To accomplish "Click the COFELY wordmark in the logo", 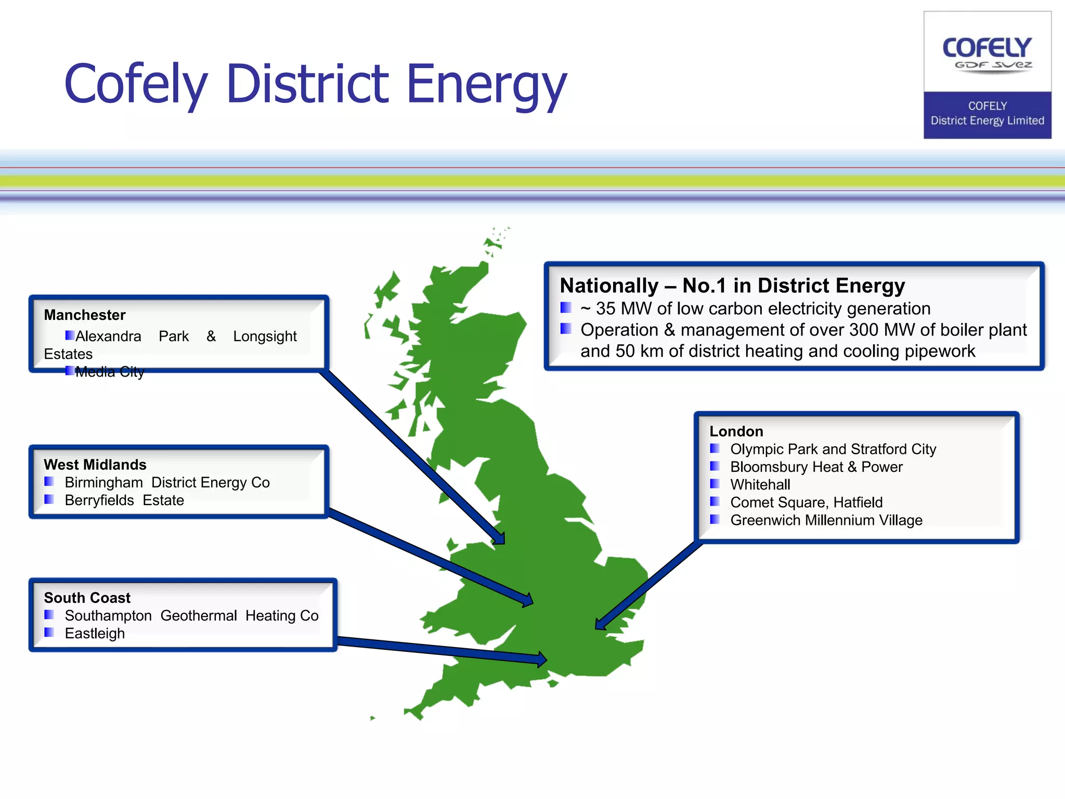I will tap(986, 48).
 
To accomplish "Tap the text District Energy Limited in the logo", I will tap(987, 121).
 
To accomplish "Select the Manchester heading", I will tap(85, 315).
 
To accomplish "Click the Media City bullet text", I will tap(109, 372).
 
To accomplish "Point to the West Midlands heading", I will tap(95, 465).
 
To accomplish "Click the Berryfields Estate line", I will tap(124, 500).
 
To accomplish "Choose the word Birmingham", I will tap(103, 483).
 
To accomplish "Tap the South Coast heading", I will tap(87, 598).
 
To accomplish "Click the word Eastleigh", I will tap(95, 634).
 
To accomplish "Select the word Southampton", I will tap(108, 616).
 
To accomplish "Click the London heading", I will tap(736, 431).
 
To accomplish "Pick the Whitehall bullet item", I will tap(760, 485).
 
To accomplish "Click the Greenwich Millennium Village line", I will tap(826, 520).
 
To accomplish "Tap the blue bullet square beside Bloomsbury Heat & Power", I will tap(715, 466).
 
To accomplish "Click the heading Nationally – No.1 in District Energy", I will tap(732, 286).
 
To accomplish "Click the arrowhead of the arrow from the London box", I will tap(601, 624).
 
